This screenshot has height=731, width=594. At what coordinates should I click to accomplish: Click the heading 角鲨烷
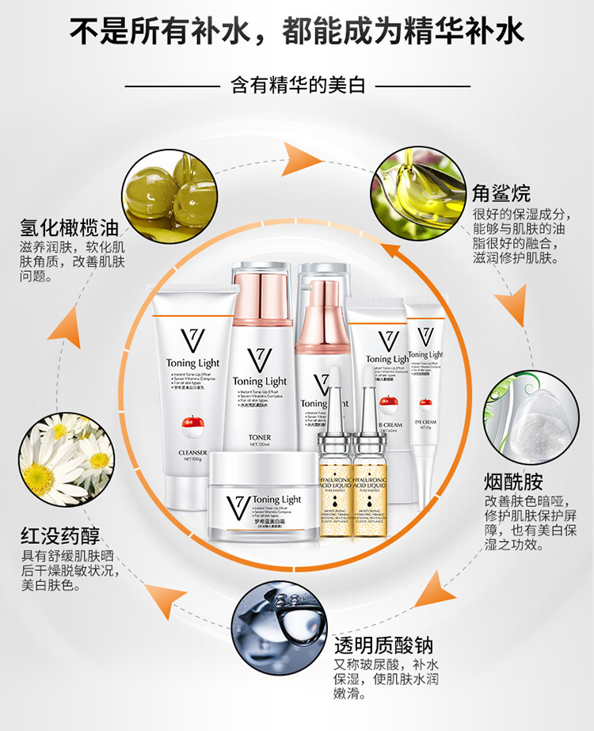501,193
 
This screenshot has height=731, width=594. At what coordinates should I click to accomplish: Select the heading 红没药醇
61,533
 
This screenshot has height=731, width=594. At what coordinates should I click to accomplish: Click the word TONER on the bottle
259,437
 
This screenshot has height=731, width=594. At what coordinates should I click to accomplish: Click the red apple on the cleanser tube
191,425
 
